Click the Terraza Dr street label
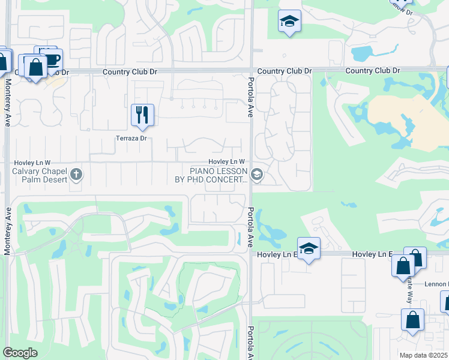(x=131, y=138)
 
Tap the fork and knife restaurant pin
(x=142, y=114)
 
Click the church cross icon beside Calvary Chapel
(x=76, y=175)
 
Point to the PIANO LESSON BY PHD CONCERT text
(x=211, y=175)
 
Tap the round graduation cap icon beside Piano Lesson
(x=257, y=175)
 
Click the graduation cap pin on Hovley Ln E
(x=309, y=248)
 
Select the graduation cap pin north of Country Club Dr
(x=289, y=22)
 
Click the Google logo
(x=20, y=353)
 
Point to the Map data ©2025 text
(x=423, y=355)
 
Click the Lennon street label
(x=436, y=283)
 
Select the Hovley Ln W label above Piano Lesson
(x=226, y=161)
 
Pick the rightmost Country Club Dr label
(x=372, y=71)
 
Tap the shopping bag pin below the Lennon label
(x=413, y=321)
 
